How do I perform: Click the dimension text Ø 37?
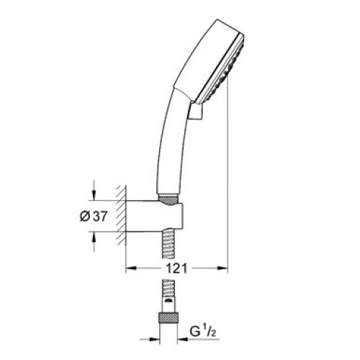[93, 217]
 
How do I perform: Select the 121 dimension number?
[176, 269]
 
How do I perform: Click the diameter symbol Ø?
[85, 217]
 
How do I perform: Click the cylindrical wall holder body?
[155, 216]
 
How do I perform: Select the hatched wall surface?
[121, 215]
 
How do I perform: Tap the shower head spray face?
[222, 70]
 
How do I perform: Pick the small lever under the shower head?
[196, 110]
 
